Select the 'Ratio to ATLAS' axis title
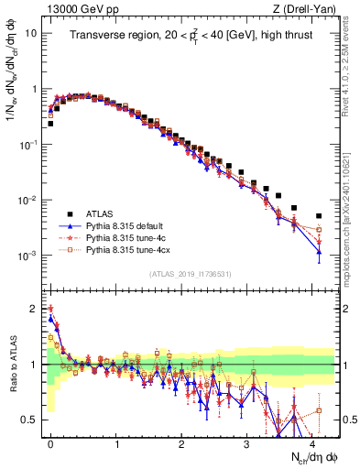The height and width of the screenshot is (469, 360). click(x=12, y=365)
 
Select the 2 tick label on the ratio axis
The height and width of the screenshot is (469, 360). click(x=34, y=309)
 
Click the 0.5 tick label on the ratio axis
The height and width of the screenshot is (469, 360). click(x=29, y=420)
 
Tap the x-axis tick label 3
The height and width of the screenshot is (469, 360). click(x=247, y=442)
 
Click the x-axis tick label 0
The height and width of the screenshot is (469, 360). click(x=49, y=442)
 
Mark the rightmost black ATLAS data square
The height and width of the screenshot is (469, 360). click(x=319, y=216)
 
